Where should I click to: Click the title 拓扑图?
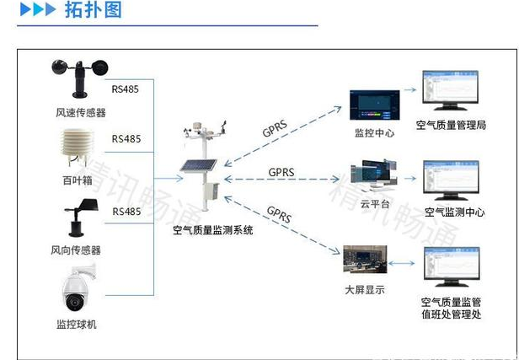tap(94, 11)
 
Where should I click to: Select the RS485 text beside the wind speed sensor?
tap(126, 88)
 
